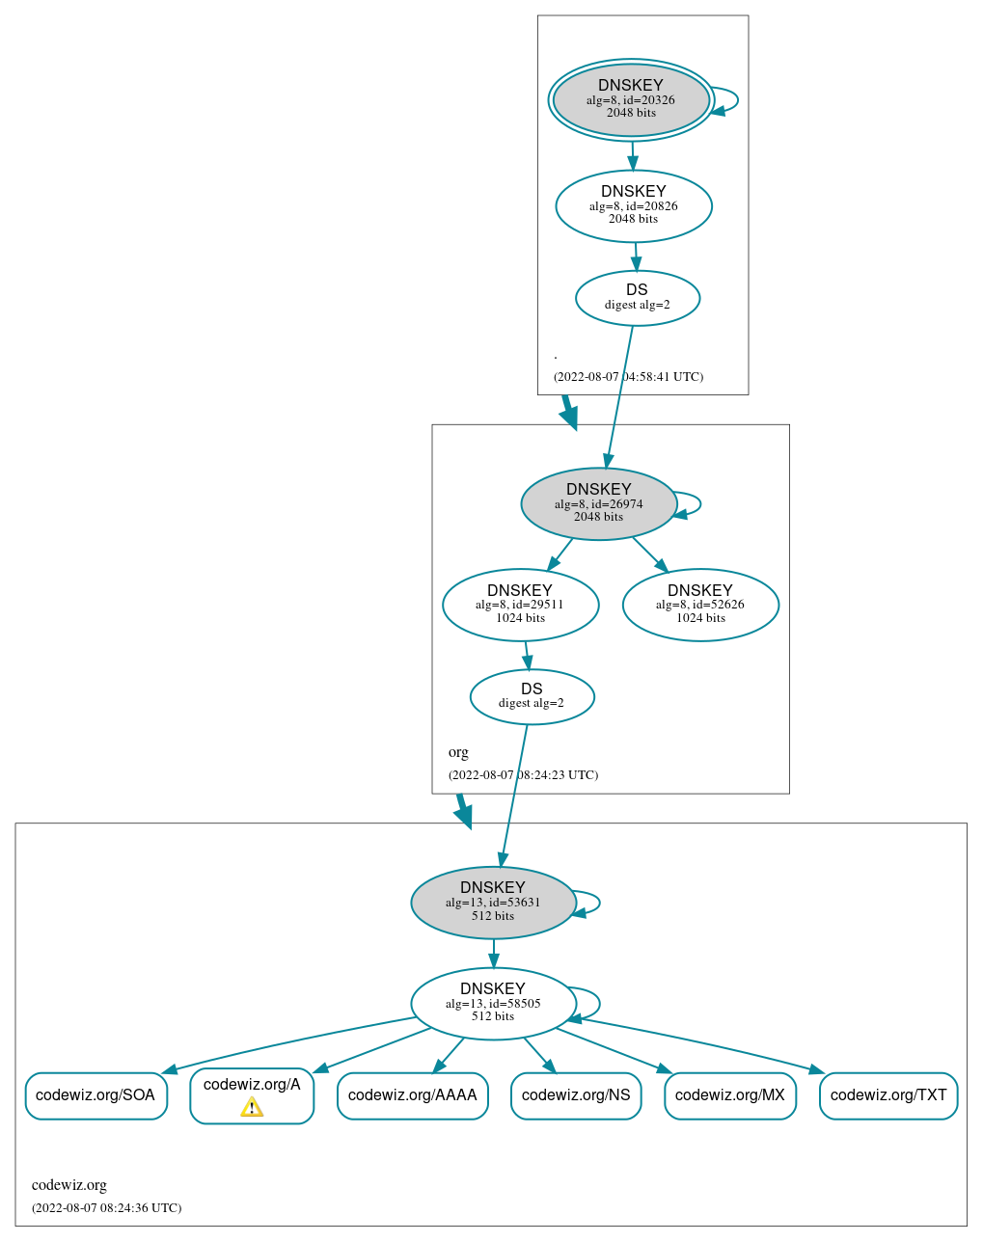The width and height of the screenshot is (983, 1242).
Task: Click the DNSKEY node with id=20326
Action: pos(631,99)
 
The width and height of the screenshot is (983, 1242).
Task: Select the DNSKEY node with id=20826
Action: pos(634,205)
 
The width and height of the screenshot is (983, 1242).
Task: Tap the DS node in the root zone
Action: pos(637,298)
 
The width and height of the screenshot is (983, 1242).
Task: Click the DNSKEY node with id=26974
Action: pos(598,503)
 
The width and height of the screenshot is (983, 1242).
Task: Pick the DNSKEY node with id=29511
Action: pos(520,605)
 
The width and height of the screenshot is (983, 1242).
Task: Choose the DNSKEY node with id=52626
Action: pos(700,605)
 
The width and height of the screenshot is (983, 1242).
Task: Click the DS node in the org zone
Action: pos(532,696)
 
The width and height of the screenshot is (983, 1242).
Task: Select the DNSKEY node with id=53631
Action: pos(493,903)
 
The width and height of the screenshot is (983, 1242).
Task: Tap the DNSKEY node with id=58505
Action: pos(493,1003)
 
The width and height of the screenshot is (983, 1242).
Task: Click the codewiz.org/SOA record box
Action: pos(96,1095)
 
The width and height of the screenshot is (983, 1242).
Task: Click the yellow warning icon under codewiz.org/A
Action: pos(252,1107)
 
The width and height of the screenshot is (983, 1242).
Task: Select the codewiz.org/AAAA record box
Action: pos(412,1095)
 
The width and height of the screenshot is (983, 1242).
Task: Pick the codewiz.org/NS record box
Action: pos(576,1095)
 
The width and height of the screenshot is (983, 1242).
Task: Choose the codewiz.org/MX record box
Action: pos(730,1095)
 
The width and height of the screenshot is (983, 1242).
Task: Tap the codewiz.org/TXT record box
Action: pos(888,1095)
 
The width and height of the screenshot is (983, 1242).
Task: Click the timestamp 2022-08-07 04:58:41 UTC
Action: pos(628,377)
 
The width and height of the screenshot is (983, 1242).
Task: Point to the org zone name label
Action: pos(458,752)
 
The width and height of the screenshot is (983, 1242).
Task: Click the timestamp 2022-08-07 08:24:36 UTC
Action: pos(106,1207)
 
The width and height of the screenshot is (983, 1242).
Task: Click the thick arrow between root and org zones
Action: pos(569,412)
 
